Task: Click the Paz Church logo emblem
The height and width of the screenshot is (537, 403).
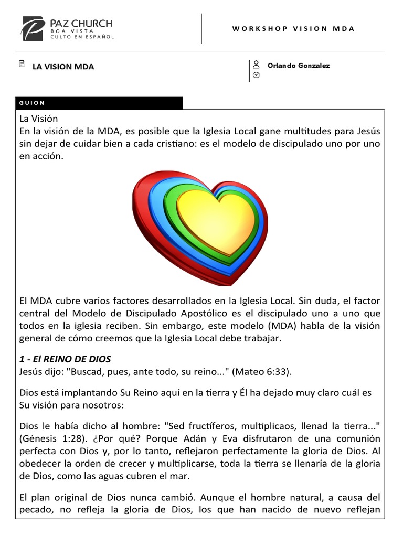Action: (33, 29)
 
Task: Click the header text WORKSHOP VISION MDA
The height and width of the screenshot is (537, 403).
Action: (293, 28)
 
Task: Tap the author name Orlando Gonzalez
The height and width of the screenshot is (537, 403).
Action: (299, 66)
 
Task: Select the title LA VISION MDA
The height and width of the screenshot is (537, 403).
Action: (63, 67)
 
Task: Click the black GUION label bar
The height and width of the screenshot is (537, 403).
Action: (100, 103)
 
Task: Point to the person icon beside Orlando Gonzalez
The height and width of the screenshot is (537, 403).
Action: (256, 65)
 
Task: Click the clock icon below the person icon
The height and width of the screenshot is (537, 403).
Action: (256, 75)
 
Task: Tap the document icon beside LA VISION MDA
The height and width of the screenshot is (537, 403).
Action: (22, 64)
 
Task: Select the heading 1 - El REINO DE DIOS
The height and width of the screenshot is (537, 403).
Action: (65, 359)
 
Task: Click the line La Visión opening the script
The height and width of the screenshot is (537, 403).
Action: (38, 119)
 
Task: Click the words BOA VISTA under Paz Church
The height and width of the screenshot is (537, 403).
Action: (72, 31)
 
